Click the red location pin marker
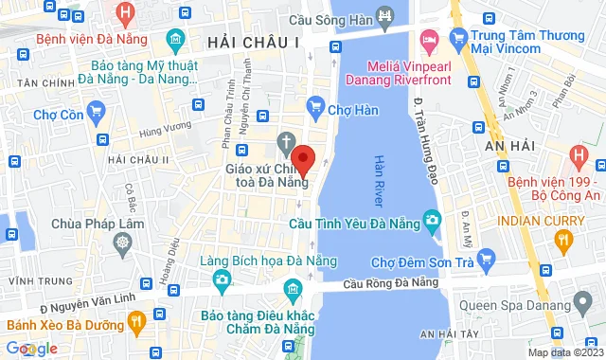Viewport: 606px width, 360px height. (x=302, y=157)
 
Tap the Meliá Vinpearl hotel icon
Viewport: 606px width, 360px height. (x=427, y=41)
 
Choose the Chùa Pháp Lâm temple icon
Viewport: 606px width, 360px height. (x=122, y=243)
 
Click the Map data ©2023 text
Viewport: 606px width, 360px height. (x=564, y=352)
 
